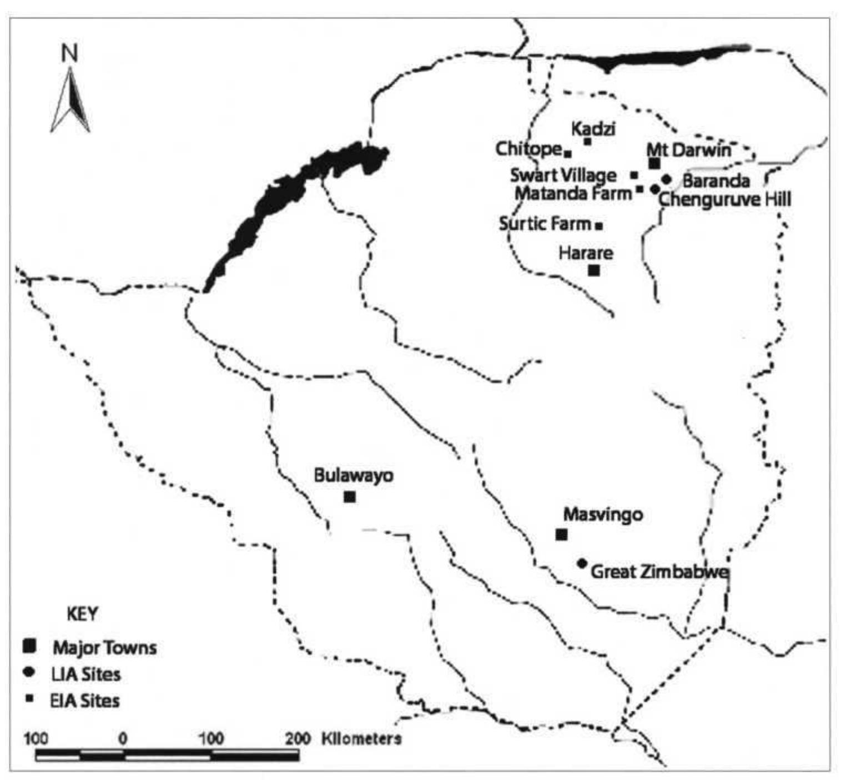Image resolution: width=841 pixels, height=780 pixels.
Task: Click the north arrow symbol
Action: [70, 101]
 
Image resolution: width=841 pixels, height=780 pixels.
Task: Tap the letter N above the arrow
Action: [69, 54]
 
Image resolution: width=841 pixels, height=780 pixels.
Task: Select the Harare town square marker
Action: [594, 270]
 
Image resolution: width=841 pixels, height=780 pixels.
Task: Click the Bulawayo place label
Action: [354, 476]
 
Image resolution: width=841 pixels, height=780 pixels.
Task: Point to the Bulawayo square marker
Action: [349, 497]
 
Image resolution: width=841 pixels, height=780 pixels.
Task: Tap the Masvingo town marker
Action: [561, 534]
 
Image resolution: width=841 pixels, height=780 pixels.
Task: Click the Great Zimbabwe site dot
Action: [582, 563]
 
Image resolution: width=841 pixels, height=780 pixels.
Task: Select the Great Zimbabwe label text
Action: [659, 572]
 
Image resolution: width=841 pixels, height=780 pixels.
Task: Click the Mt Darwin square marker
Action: [654, 163]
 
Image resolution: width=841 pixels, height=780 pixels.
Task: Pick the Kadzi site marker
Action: [587, 141]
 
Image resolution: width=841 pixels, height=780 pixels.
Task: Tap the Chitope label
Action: [528, 149]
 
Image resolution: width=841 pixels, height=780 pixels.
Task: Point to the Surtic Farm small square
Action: [599, 225]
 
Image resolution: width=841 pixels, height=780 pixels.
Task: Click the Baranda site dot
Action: [667, 179]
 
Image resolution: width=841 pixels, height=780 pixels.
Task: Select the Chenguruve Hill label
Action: [724, 199]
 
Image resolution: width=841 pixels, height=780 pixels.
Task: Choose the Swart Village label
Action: [563, 175]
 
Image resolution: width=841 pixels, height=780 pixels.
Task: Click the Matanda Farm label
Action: [573, 194]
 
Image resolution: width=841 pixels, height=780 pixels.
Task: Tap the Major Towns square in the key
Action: [29, 646]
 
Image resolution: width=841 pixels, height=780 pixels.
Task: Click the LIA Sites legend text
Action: [85, 674]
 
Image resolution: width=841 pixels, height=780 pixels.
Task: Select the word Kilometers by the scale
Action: [361, 739]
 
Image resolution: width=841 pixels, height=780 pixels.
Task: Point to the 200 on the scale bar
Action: [298, 739]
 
